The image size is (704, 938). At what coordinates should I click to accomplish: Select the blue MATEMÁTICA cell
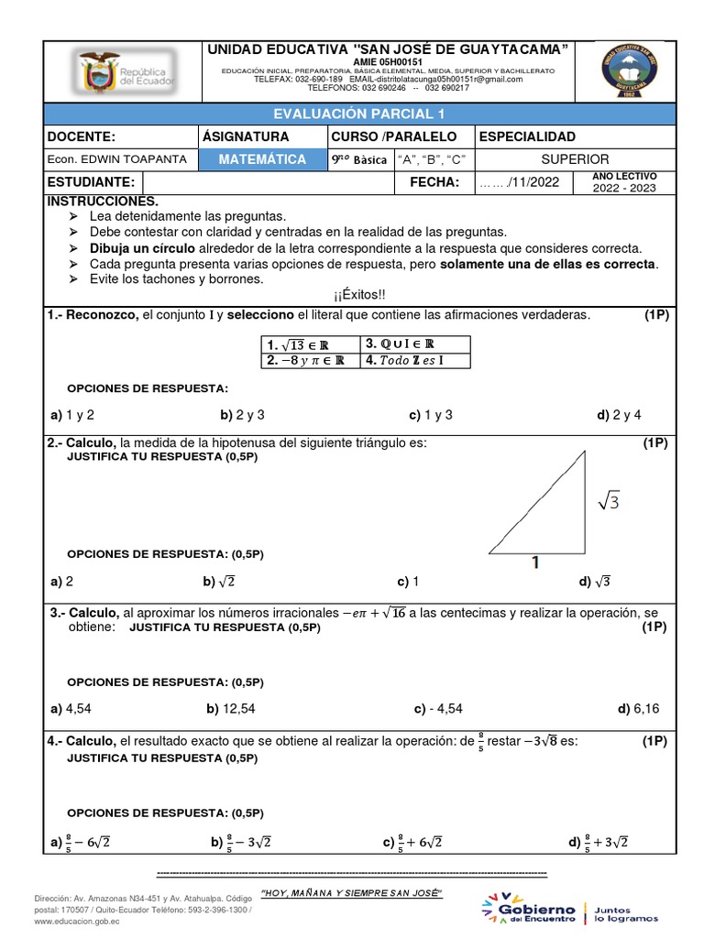(x=262, y=159)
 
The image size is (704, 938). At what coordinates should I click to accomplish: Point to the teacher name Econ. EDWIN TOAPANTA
(x=117, y=159)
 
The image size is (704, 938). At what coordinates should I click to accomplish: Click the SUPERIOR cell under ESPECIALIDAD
(x=575, y=159)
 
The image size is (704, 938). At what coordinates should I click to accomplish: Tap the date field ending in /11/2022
(x=519, y=183)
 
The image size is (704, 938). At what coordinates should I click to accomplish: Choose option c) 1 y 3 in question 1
(x=431, y=415)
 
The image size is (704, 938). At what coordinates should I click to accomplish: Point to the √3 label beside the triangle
(x=609, y=502)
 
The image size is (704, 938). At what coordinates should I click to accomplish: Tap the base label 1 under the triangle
(x=534, y=564)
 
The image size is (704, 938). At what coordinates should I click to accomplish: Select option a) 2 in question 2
(x=62, y=582)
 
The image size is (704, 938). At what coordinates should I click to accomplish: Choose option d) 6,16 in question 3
(x=639, y=708)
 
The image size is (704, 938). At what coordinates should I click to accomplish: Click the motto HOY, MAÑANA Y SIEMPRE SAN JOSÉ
(x=352, y=892)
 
